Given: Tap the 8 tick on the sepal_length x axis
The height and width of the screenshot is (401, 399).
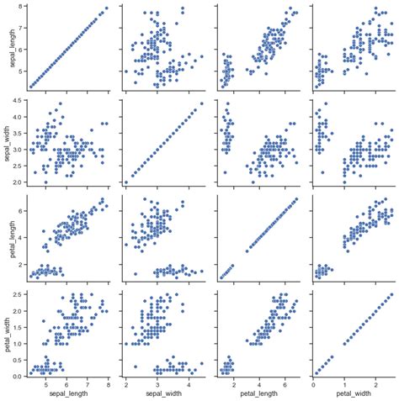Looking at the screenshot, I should tap(109, 383).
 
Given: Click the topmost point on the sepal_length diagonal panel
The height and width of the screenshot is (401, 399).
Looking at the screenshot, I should tap(106, 8).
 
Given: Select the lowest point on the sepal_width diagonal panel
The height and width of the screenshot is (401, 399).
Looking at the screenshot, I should tap(126, 182).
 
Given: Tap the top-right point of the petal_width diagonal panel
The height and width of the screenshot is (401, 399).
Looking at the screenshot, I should tap(391, 294).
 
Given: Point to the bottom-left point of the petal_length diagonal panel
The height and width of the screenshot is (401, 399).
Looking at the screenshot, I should tap(221, 277).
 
